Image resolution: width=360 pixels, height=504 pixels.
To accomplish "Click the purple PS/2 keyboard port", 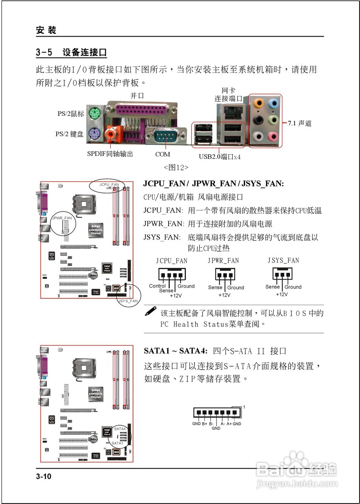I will coord(94,134).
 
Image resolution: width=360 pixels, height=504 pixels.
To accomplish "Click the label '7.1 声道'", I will coord(299,123).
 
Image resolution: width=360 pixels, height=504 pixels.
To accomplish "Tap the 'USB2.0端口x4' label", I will coord(219,157).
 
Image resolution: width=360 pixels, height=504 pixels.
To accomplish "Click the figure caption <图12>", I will coord(176,167).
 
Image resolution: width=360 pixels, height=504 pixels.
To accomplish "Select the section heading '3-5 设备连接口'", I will coord(71,52).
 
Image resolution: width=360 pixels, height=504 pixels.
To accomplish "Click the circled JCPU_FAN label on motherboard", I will coord(109,184).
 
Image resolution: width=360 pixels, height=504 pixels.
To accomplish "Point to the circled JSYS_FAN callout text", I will coord(128,301).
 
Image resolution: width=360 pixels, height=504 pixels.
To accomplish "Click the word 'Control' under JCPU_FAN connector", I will coord(157,286).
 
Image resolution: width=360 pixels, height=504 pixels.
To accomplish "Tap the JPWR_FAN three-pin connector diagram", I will coord(225,274).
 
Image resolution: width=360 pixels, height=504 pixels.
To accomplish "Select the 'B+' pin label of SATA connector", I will coord(204,424).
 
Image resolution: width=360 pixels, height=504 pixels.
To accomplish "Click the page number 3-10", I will coord(44,476).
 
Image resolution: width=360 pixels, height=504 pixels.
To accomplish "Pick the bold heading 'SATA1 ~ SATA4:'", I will coord(176,350).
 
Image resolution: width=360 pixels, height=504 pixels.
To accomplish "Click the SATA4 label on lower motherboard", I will coord(120,428).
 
